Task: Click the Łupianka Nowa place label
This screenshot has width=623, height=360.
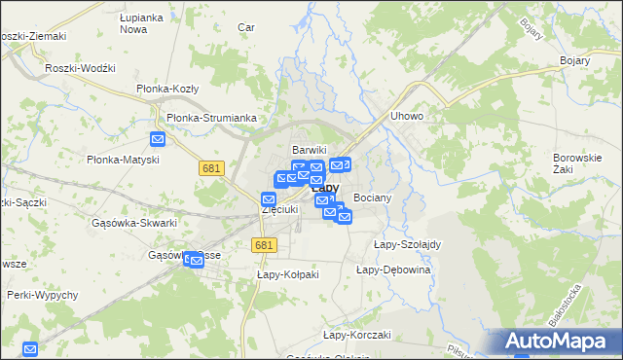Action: click(139, 24)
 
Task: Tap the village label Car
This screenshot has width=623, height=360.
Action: click(246, 27)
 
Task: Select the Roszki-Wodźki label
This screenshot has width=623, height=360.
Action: click(81, 68)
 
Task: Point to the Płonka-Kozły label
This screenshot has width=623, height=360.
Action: click(167, 89)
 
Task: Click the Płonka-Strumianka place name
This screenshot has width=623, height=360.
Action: click(211, 118)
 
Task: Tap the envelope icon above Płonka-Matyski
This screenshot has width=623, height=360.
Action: click(158, 139)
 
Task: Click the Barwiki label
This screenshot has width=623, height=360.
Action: click(310, 150)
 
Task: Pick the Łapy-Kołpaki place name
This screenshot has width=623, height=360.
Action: click(288, 274)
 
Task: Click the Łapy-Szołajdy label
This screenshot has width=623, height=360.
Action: click(408, 244)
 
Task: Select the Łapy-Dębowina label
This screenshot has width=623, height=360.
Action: click(393, 270)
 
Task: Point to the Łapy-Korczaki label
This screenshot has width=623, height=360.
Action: click(356, 335)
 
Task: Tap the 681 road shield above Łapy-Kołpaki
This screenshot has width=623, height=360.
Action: click(263, 246)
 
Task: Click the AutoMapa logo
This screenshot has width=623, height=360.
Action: click(559, 342)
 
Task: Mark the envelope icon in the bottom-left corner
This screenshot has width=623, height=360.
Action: click(30, 348)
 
